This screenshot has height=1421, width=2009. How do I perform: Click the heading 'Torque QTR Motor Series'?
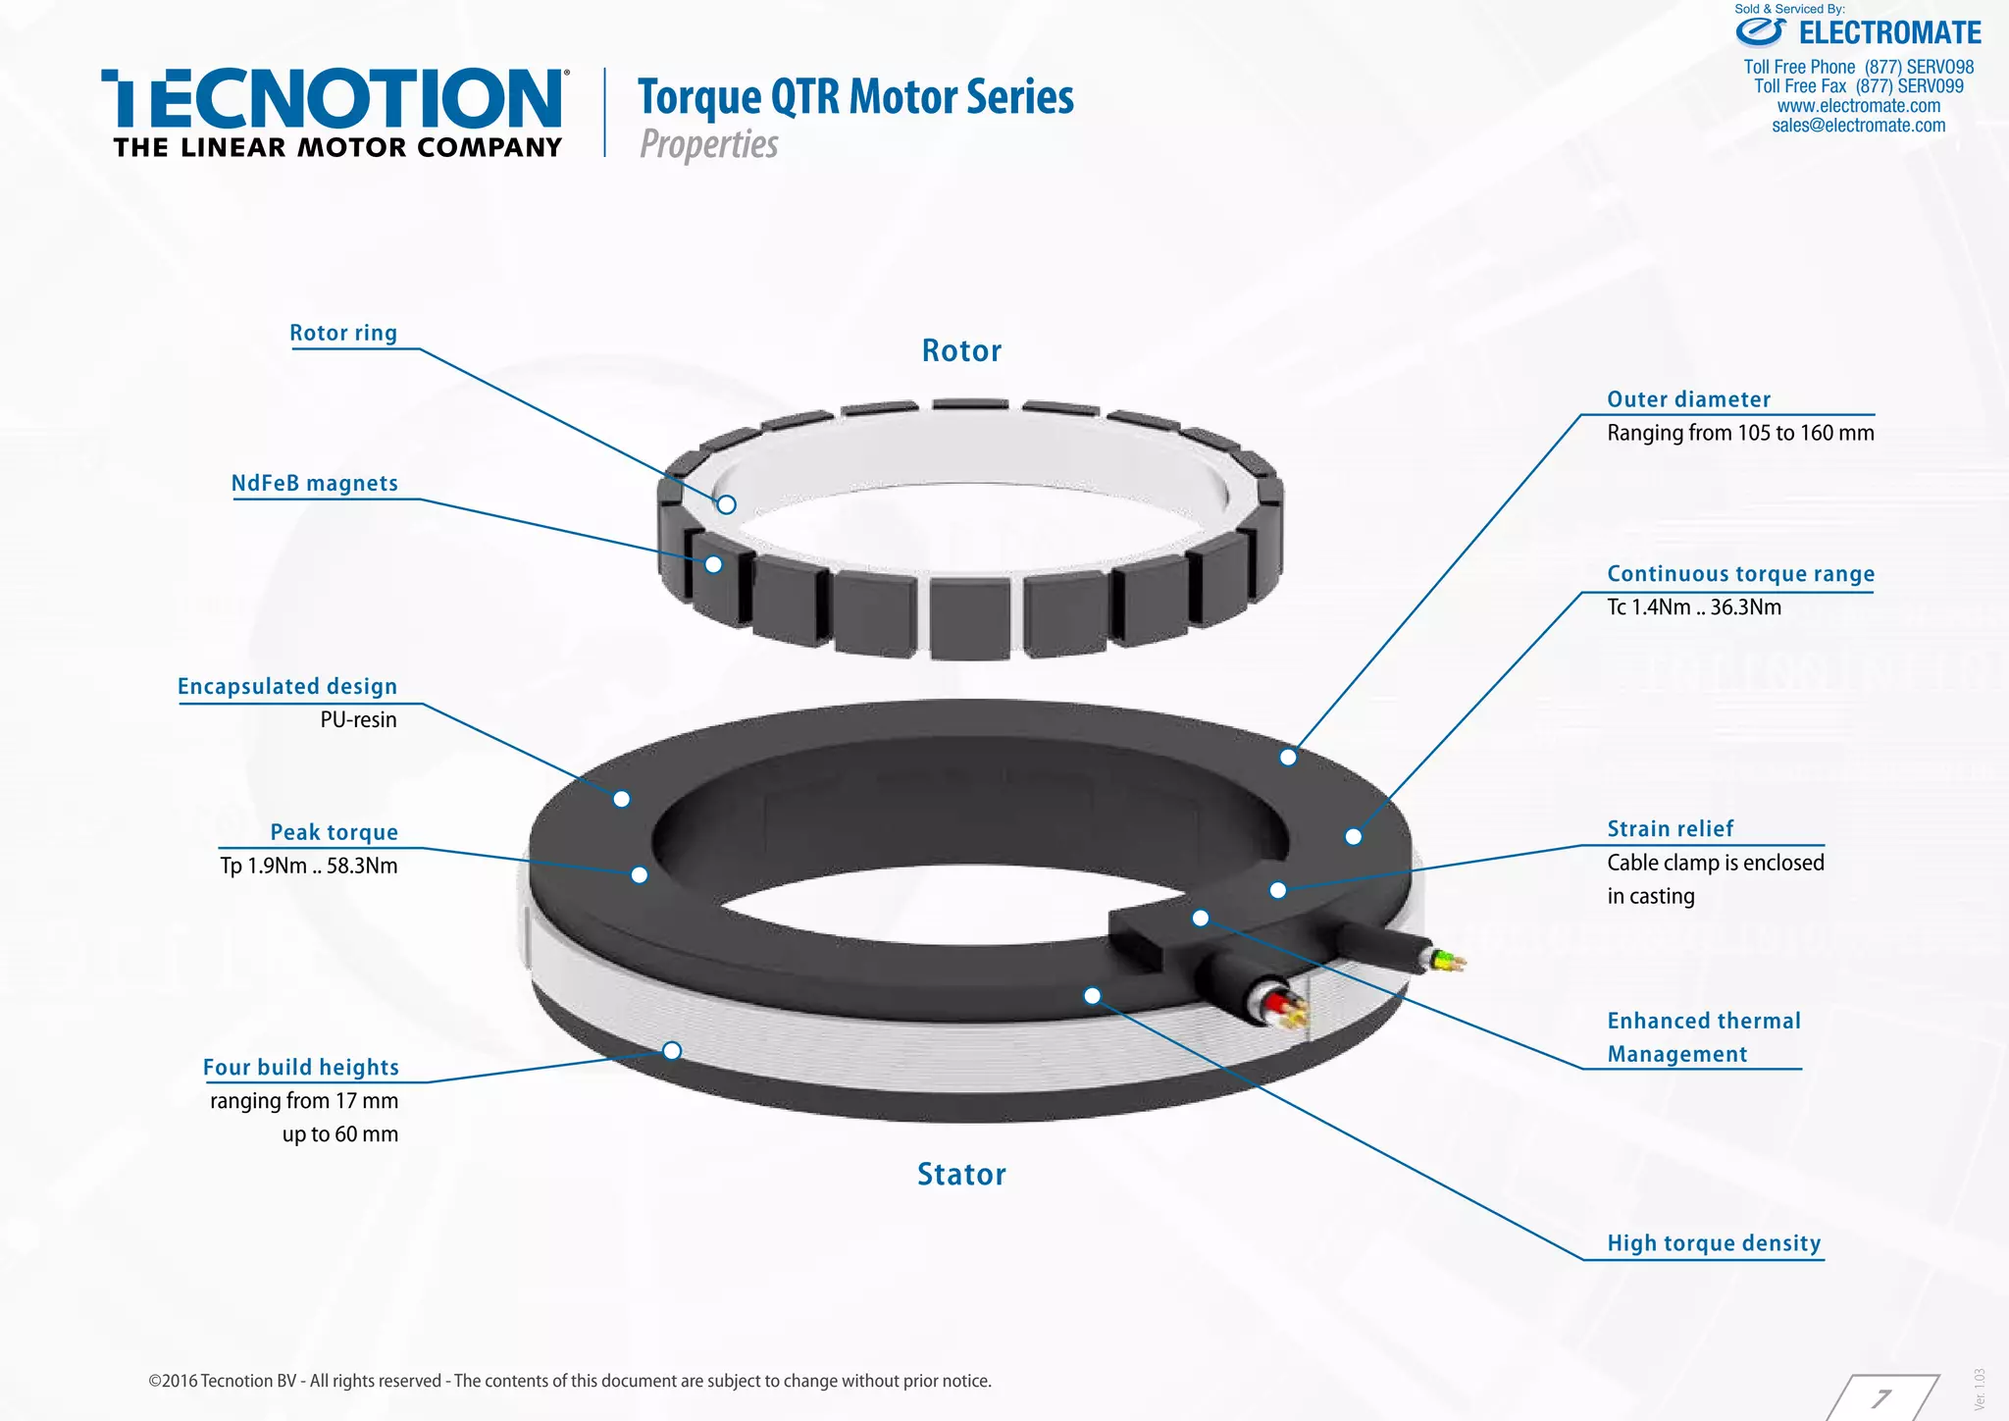[x=855, y=97]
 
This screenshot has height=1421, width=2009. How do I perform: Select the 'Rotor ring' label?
[x=343, y=333]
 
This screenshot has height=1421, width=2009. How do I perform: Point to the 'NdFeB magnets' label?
[x=315, y=483]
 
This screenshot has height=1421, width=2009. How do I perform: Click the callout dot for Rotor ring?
[x=726, y=504]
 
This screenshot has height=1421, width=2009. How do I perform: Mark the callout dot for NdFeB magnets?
[x=713, y=564]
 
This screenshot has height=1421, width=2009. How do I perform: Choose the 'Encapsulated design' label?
[x=287, y=686]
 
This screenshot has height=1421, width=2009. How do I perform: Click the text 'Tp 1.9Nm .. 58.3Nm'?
[x=309, y=866]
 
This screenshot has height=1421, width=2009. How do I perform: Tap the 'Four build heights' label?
[x=301, y=1067]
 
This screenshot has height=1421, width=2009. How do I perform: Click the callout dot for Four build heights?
[x=672, y=1051]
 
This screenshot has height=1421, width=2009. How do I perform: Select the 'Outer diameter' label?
[x=1688, y=399]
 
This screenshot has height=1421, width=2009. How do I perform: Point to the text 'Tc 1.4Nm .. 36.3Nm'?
[x=1694, y=606]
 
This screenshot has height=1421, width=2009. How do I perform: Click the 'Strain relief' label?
[x=1671, y=828]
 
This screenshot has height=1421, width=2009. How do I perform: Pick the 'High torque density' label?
[x=1714, y=1243]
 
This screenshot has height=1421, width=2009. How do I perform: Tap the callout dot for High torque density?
[x=1092, y=996]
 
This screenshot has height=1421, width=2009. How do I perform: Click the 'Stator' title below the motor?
[x=961, y=1174]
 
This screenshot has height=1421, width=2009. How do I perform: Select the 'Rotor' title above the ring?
[x=961, y=350]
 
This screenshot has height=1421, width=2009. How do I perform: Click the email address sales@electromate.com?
[x=1859, y=126]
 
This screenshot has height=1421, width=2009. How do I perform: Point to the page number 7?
[x=1881, y=1397]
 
